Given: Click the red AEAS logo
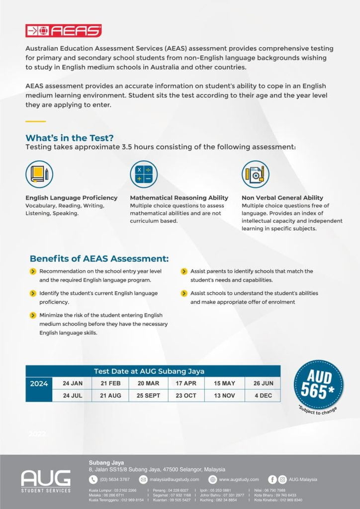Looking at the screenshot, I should tap(63, 30).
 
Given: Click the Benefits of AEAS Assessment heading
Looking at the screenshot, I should tap(99, 258).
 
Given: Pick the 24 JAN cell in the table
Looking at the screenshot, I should tap(73, 383).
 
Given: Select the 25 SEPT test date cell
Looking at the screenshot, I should tap(149, 396).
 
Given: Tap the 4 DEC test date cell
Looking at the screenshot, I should tap(263, 396).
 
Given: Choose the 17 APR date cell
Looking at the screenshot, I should tap(186, 383).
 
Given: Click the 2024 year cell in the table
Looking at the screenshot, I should tap(39, 384).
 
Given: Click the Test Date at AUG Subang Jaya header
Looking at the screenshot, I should tap(149, 371).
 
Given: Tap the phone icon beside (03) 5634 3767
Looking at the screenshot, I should tap(93, 479).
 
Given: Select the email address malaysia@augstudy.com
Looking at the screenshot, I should tap(174, 479).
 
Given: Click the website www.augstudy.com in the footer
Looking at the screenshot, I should tap(239, 479).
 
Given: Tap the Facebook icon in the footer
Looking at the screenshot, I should tap(272, 479).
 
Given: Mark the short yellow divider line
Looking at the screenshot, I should tap(35, 121).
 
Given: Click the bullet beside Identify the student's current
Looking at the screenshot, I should tap(33, 294).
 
